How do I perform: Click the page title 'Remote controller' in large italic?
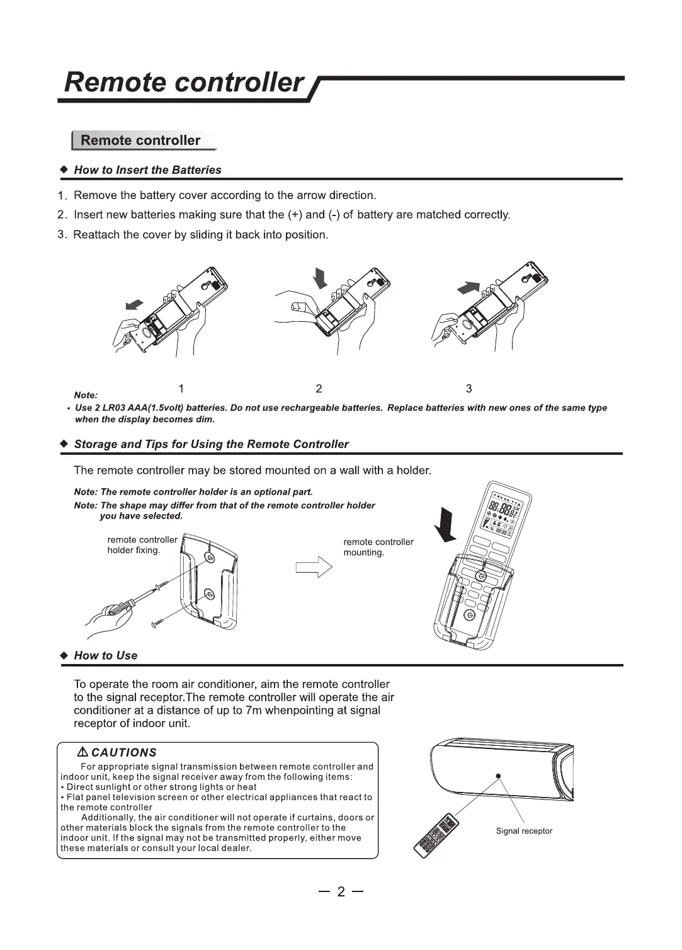point(183,83)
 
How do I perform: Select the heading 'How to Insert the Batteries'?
point(147,170)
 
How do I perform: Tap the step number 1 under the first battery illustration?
point(181,389)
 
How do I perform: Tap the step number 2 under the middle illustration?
point(319,389)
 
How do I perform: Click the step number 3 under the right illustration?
point(469,389)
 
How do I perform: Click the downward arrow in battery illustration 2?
point(321,277)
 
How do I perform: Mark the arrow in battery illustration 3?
point(466,288)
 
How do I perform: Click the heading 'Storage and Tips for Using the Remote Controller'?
point(211,444)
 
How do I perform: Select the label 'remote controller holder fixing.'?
point(142,545)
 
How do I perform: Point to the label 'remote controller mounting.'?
point(378,547)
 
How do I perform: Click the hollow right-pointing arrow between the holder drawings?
point(314,567)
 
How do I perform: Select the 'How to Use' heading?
point(105,655)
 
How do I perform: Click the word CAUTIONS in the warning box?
point(123,752)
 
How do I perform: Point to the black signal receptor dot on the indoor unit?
point(498,775)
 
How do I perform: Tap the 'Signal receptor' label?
point(524,831)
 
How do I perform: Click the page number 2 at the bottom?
point(341,891)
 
